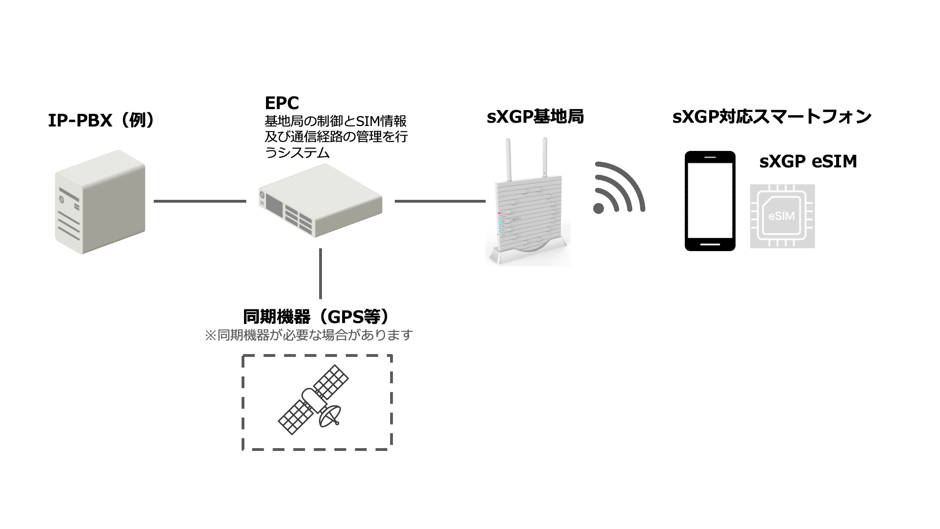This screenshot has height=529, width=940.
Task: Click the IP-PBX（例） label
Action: pyautogui.click(x=102, y=121)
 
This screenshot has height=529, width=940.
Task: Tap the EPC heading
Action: pyautogui.click(x=282, y=103)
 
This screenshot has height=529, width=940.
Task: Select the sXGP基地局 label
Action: pyautogui.click(x=535, y=117)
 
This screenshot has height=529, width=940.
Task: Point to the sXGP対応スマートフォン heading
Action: pyautogui.click(x=772, y=117)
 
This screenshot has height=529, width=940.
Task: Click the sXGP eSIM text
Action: pyautogui.click(x=808, y=161)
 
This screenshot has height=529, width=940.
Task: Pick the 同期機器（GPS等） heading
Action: pyautogui.click(x=316, y=316)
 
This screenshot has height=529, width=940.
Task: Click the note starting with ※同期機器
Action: pyautogui.click(x=309, y=335)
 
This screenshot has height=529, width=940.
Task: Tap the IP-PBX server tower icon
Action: pyautogui.click(x=99, y=202)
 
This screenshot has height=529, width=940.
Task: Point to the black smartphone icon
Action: pyautogui.click(x=710, y=201)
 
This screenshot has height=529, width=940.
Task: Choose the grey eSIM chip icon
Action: pyautogui.click(x=782, y=216)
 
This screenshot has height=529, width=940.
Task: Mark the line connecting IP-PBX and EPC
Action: pyautogui.click(x=200, y=201)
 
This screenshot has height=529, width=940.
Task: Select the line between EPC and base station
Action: pyautogui.click(x=440, y=201)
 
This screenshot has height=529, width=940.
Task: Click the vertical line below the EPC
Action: pyautogui.click(x=321, y=273)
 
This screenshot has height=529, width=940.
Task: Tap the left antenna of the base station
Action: pyautogui.click(x=508, y=160)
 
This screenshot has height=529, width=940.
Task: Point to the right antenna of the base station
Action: pyautogui.click(x=545, y=158)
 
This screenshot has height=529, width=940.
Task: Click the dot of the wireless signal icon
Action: pyautogui.click(x=599, y=208)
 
